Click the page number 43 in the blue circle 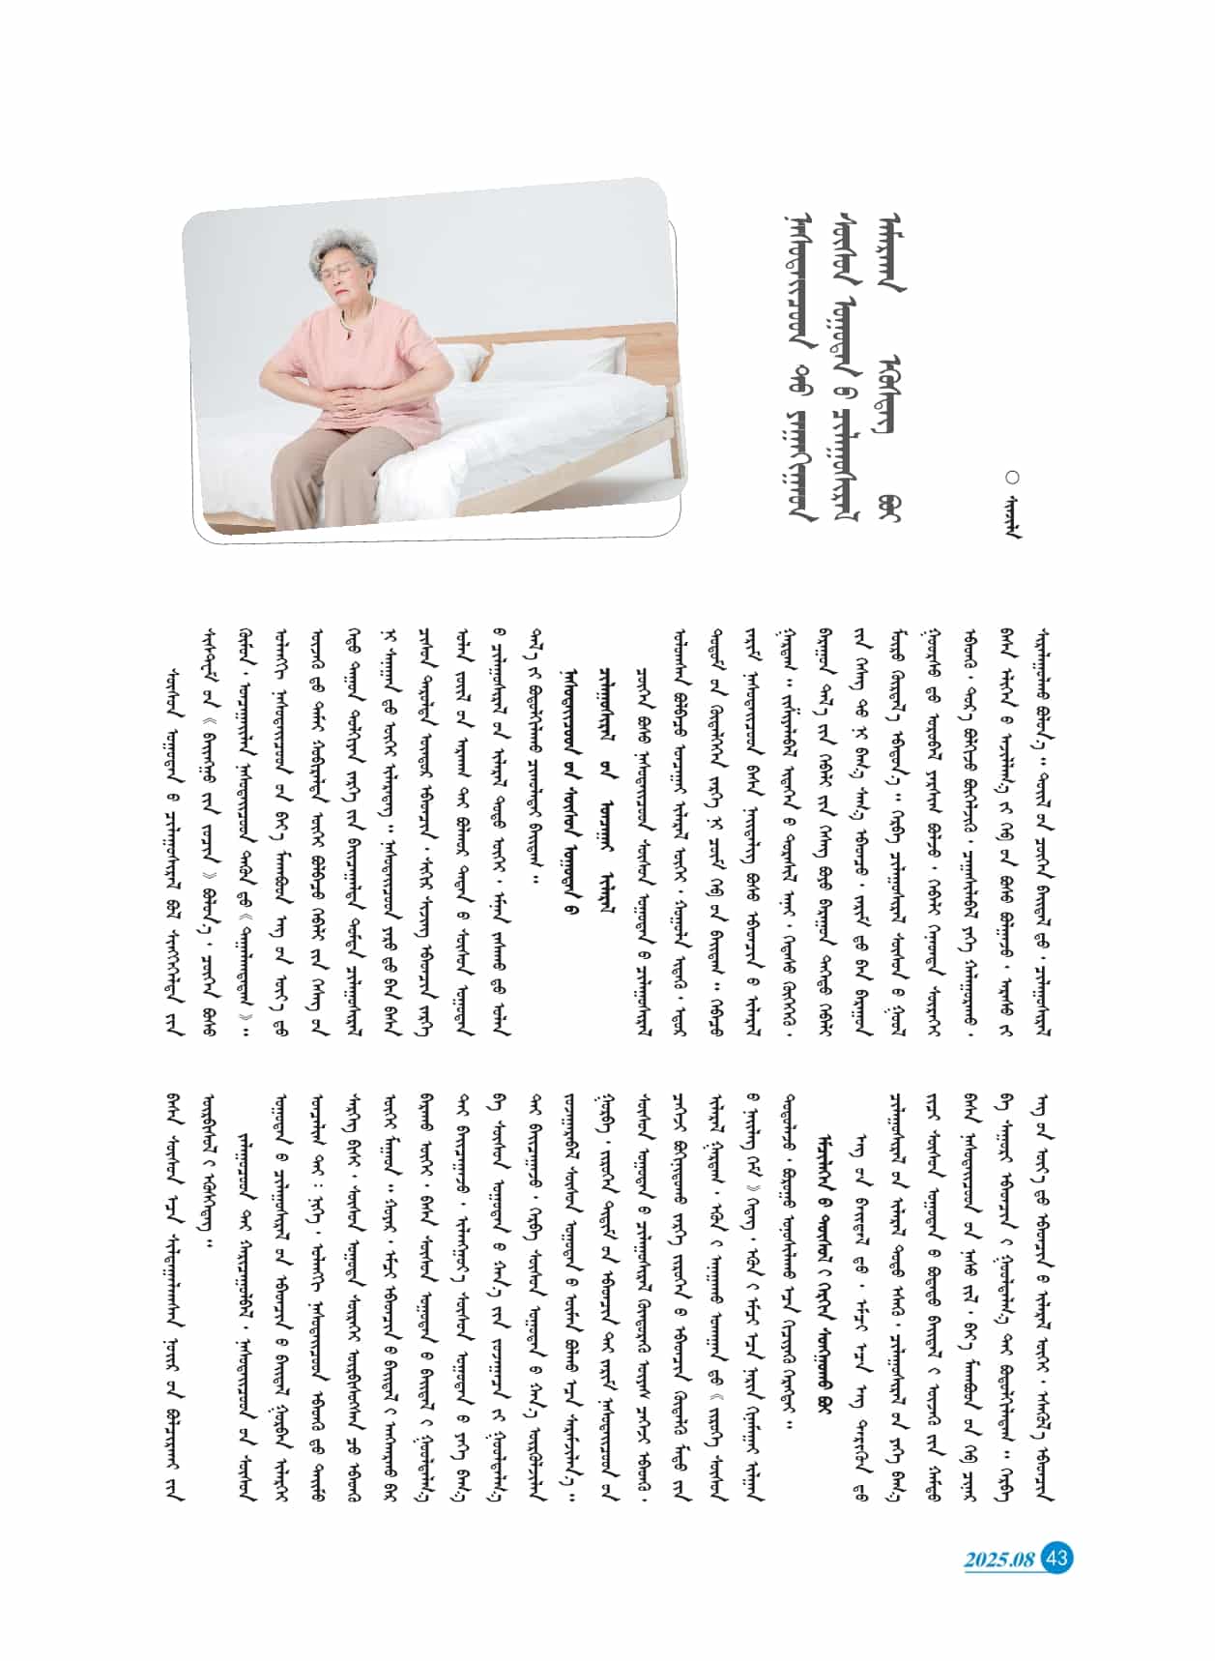tap(1056, 1558)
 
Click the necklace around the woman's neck tap(348, 319)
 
